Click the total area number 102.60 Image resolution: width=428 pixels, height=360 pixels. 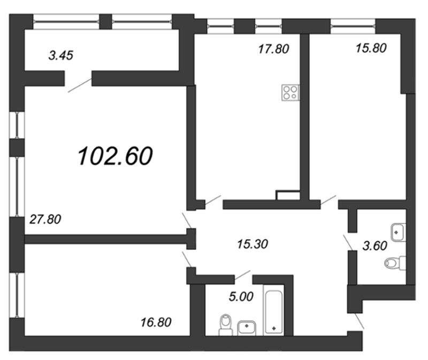click(115, 156)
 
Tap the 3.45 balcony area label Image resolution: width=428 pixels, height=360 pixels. click(61, 56)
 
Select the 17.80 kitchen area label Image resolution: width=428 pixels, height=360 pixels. click(273, 49)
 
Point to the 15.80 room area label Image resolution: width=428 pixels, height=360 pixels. click(371, 48)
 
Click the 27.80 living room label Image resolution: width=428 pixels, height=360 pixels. click(45, 219)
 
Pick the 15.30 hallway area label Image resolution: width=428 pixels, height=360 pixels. click(253, 244)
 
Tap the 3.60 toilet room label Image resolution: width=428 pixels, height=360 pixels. click(375, 246)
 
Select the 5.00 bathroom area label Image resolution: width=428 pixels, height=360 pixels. click(241, 296)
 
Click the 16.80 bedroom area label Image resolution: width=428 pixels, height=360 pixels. click(156, 323)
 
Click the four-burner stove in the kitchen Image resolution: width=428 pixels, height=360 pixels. click(291, 93)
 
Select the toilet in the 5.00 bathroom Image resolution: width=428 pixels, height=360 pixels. click(226, 325)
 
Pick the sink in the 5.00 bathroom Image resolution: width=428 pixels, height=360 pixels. click(247, 328)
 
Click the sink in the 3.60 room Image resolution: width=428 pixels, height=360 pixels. click(399, 232)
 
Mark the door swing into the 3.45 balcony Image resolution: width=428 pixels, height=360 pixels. click(80, 85)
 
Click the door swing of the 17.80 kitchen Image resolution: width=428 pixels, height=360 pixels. click(213, 200)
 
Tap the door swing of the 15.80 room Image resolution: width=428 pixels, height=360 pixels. click(328, 200)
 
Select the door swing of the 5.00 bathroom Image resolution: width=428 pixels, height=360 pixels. click(242, 275)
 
